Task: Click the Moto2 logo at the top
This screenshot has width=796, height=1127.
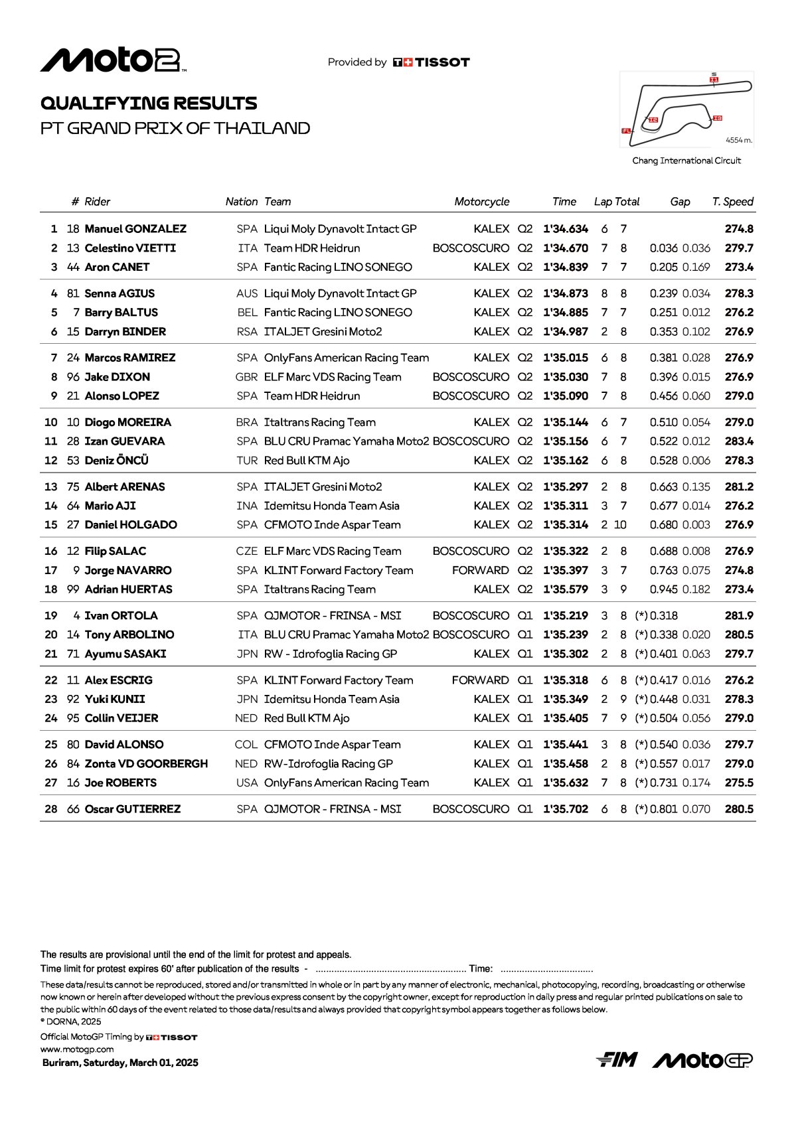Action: [x=113, y=60]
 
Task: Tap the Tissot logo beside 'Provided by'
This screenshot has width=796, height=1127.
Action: [x=432, y=62]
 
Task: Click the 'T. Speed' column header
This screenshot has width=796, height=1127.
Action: [x=732, y=202]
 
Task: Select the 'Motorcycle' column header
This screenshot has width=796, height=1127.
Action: [x=481, y=202]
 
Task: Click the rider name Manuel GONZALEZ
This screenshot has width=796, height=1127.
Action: [x=135, y=229]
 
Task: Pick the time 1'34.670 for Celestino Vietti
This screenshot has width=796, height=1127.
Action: [x=565, y=248]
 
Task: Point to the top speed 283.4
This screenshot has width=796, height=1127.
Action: [x=739, y=441]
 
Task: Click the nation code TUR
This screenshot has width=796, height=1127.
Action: [x=247, y=461]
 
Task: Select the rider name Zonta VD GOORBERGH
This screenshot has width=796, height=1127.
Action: [x=146, y=764]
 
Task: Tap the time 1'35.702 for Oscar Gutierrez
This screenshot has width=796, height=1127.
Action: [x=565, y=809]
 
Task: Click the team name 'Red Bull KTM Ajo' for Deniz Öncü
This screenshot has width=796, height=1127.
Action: [x=307, y=461]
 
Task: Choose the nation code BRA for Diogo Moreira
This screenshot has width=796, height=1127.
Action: [x=247, y=422]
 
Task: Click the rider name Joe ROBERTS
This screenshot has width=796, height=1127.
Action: [x=121, y=783]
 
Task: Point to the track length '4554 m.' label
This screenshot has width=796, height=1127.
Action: [x=739, y=140]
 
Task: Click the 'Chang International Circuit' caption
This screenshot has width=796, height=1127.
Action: [x=686, y=161]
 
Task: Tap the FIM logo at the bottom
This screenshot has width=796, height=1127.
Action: [x=617, y=1060]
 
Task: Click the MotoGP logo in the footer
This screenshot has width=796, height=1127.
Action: [x=702, y=1060]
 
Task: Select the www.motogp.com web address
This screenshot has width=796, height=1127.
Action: [x=77, y=1049]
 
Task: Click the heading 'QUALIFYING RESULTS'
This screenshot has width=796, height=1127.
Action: [x=149, y=104]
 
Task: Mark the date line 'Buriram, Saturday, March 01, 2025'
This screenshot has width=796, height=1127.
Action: [x=120, y=1063]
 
